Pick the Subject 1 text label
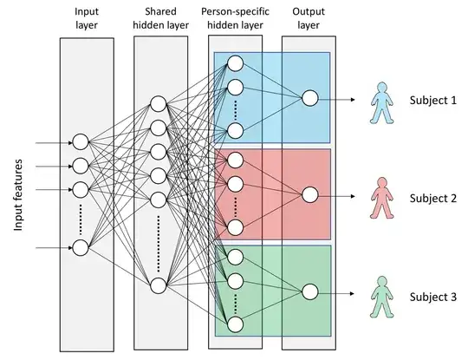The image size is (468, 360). click(432, 99)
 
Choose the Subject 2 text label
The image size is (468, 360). click(432, 198)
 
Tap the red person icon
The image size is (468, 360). click(378, 198)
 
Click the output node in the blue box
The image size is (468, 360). click(308, 99)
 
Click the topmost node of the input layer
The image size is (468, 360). click(81, 141)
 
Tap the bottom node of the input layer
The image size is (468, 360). click(81, 248)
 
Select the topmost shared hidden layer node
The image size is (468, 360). click(158, 104)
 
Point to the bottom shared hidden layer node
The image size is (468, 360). click(158, 285)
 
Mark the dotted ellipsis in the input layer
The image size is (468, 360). click(81, 219)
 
